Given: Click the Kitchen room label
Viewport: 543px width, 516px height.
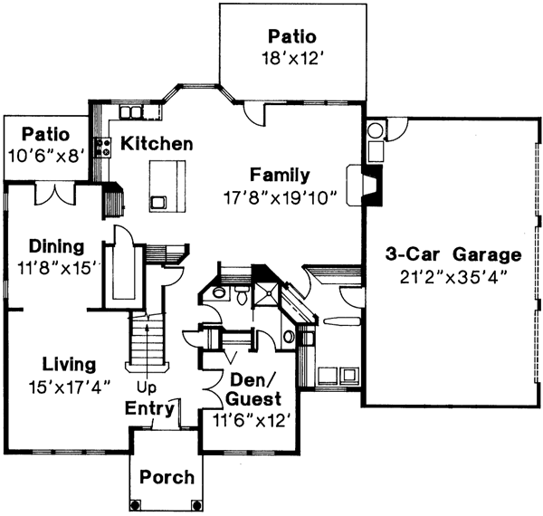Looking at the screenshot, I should [157, 144].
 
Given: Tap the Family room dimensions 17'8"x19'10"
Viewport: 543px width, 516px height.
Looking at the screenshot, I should [281, 197].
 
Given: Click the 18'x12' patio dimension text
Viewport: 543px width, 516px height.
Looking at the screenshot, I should [291, 58].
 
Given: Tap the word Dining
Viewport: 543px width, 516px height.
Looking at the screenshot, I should [56, 246].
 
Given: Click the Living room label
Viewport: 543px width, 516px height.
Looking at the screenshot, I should [68, 365].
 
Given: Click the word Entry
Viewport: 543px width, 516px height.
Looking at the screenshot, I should [149, 409].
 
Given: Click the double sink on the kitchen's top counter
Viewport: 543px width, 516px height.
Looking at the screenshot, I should [133, 113].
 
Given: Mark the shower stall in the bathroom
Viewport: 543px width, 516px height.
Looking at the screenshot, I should [268, 291].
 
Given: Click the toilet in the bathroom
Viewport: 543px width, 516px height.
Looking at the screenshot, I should [243, 297].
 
